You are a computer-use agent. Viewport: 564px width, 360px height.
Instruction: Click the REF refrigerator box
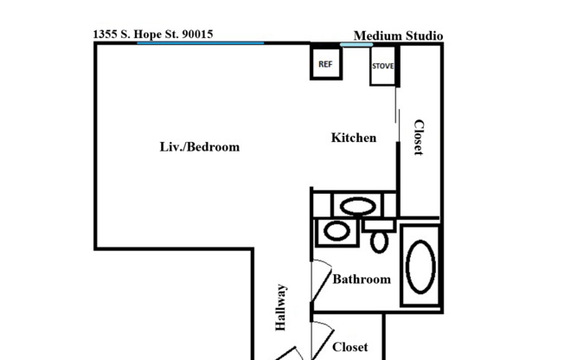325,63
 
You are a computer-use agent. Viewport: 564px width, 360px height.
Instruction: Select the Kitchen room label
354,138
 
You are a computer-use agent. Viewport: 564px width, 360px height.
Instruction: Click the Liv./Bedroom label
200,146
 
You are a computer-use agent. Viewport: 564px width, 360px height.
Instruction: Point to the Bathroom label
362,279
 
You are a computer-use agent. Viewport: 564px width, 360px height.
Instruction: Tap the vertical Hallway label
281,308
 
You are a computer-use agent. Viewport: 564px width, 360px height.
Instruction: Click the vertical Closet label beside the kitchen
418,138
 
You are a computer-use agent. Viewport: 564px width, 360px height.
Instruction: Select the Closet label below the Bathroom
350,347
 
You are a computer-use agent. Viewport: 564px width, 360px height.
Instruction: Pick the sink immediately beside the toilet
336,232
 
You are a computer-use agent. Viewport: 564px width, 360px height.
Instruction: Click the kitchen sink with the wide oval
356,206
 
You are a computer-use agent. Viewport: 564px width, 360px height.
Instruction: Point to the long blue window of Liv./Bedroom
201,42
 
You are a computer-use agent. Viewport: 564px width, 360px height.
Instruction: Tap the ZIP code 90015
195,35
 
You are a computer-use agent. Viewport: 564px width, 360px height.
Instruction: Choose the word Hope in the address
149,35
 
